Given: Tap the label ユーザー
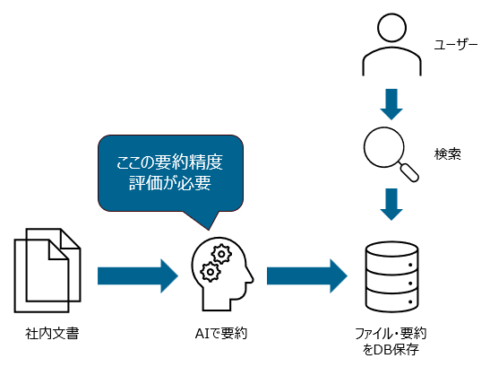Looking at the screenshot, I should [x=455, y=44].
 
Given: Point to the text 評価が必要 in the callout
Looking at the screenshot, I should [x=169, y=186].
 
